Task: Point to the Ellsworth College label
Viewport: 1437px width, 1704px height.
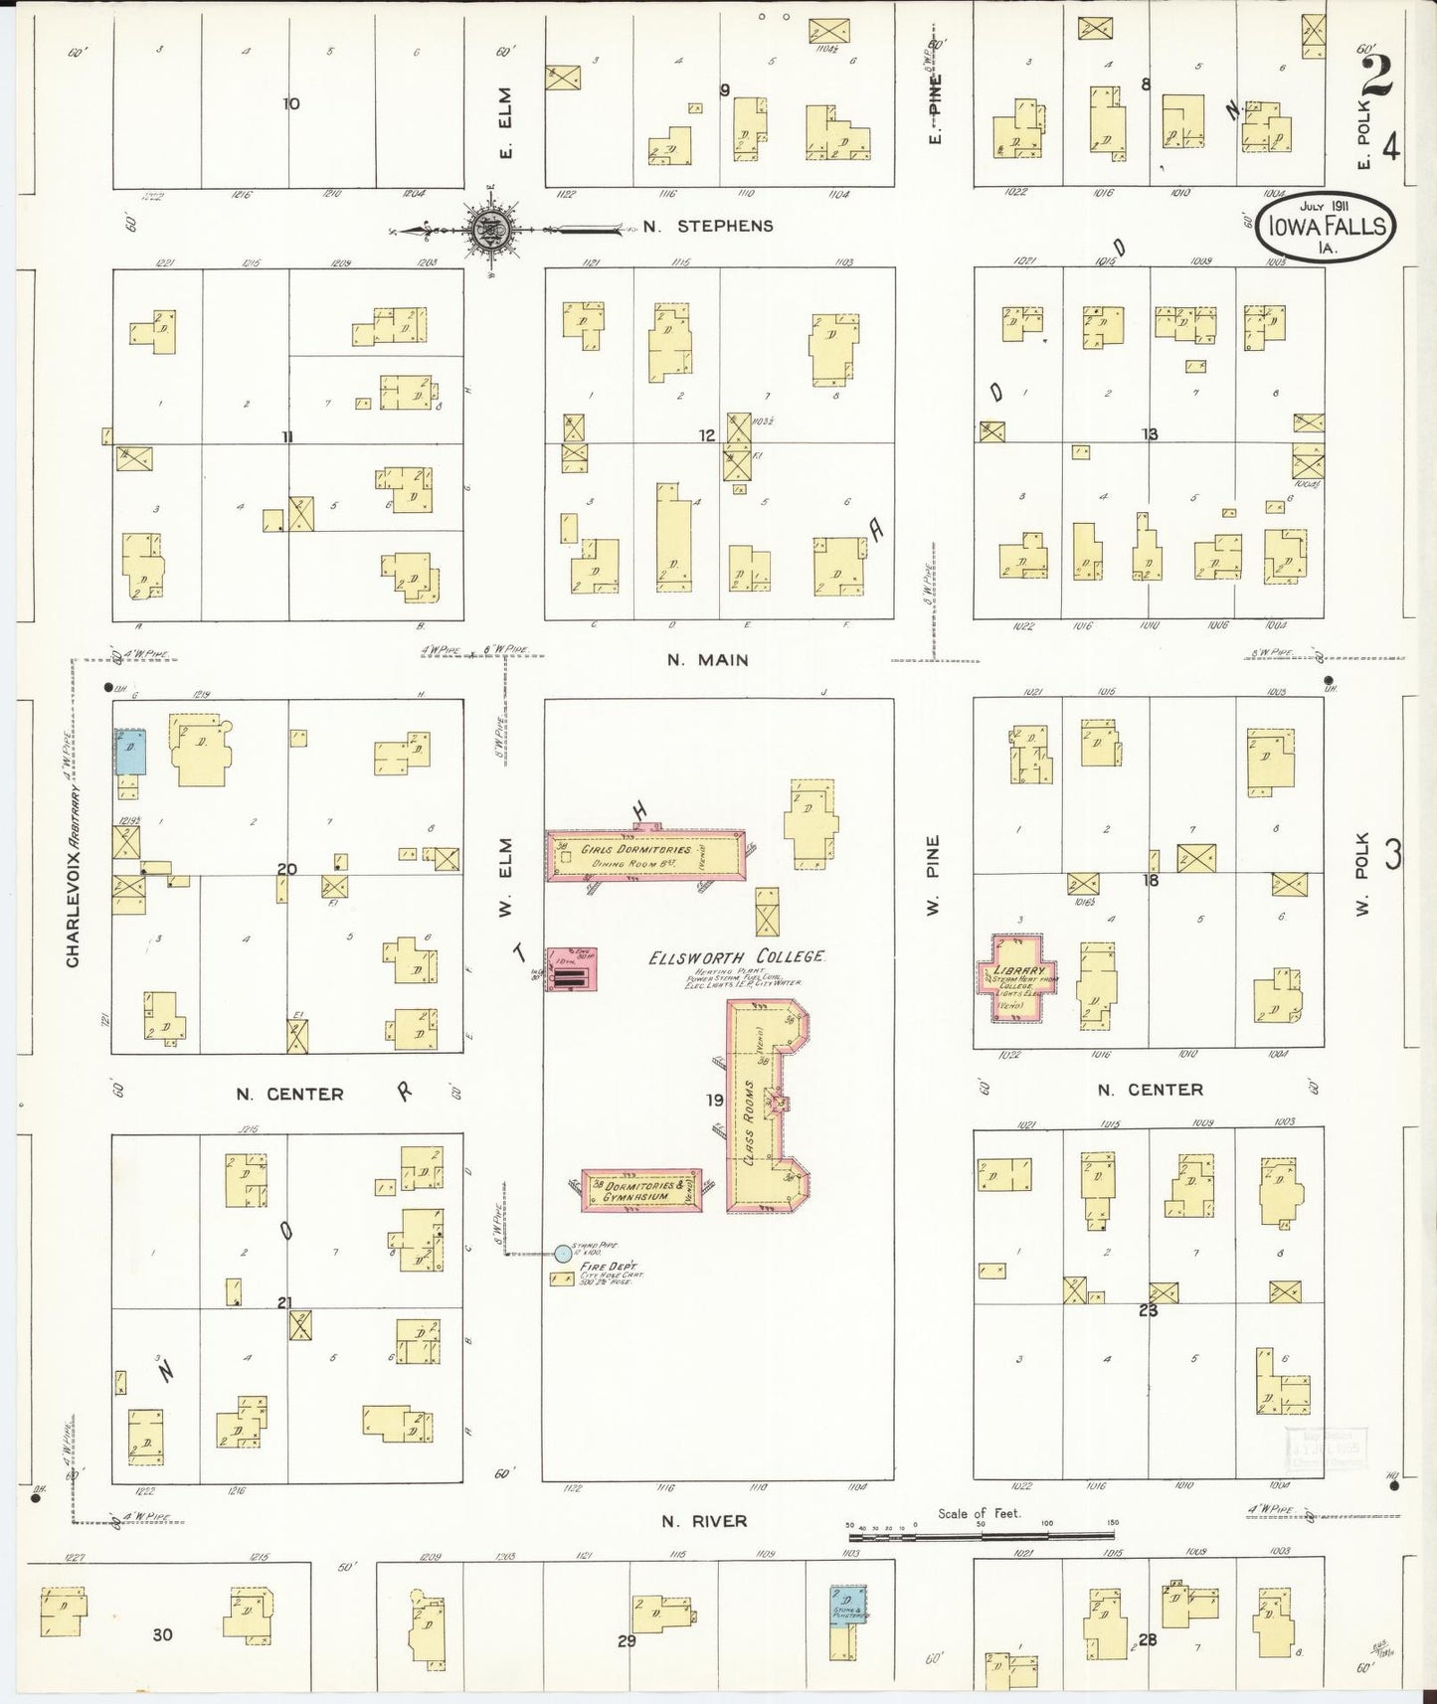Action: [737, 956]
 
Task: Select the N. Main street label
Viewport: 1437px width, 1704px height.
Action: [708, 660]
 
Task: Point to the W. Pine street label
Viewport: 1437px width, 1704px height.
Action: [933, 876]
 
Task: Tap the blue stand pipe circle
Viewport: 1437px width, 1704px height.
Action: [563, 1254]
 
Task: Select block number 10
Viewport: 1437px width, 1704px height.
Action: [290, 103]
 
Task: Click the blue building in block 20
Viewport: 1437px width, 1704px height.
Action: [130, 753]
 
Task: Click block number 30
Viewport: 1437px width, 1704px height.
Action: [162, 1633]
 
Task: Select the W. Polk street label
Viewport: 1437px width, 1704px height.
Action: [1362, 875]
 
